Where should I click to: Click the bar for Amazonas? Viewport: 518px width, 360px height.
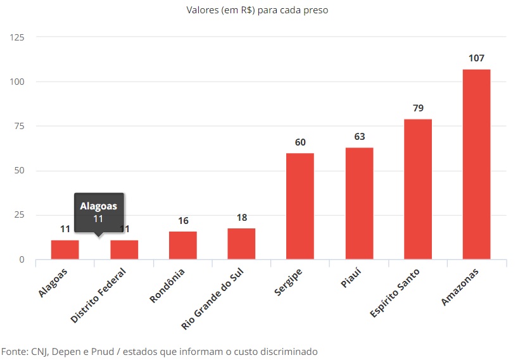tap(476, 164)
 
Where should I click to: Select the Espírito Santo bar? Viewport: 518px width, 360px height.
tap(417, 189)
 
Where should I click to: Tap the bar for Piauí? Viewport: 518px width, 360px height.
tap(359, 203)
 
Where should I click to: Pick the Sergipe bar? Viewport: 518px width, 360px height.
tap(300, 206)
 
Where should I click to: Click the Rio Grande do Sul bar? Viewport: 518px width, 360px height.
tap(241, 244)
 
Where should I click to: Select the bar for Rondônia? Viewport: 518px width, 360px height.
tap(183, 245)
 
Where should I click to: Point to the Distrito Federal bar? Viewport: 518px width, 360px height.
tap(124, 250)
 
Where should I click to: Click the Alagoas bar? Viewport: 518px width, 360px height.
tap(65, 250)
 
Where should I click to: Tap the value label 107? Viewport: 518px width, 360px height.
tap(476, 58)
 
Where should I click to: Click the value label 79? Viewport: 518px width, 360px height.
tap(418, 108)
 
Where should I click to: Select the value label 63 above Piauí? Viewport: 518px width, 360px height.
tap(359, 137)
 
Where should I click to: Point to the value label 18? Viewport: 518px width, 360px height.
tap(242, 217)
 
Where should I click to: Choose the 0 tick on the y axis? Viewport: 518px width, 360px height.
tap(22, 259)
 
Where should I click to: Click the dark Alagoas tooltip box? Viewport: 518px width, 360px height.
tap(98, 212)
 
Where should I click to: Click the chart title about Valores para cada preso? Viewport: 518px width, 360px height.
tap(258, 11)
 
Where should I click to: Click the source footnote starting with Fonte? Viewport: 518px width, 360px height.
tap(159, 351)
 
